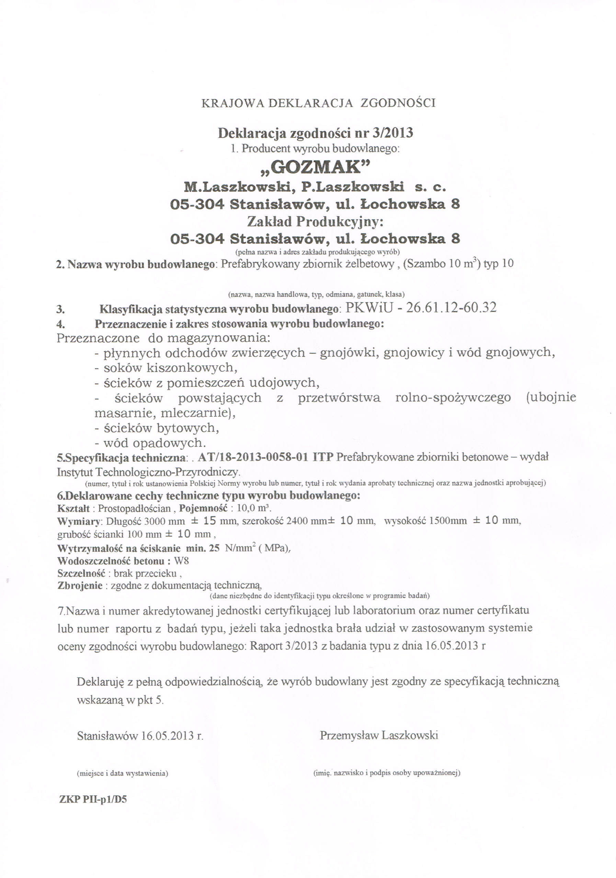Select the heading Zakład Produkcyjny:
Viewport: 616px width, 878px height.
coord(315,222)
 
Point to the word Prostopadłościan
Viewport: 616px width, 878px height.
coord(134,509)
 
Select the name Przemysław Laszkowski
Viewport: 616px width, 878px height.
coord(379,735)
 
